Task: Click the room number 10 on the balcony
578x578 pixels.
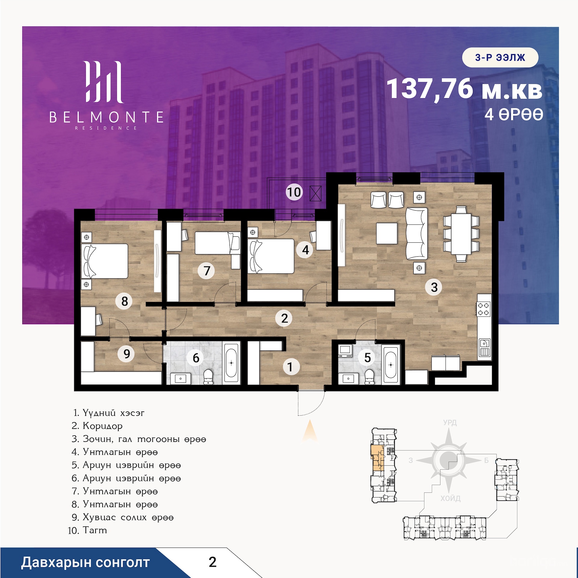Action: [x=294, y=192]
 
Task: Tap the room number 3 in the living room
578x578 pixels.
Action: [x=434, y=287]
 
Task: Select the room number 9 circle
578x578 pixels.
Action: [x=127, y=354]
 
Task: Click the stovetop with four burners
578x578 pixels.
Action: [x=484, y=309]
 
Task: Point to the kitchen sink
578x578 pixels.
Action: [x=484, y=348]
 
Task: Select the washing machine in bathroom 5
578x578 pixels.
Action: [x=345, y=351]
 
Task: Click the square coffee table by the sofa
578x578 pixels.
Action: [x=387, y=233]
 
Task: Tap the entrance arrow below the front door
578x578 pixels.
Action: [x=310, y=431]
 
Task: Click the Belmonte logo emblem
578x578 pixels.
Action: [x=104, y=82]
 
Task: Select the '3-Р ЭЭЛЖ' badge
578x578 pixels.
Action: [x=500, y=57]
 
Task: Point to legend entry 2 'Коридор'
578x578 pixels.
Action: [x=97, y=426]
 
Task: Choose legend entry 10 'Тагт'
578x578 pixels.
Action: [x=87, y=530]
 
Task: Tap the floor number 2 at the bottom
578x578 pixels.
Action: [x=213, y=562]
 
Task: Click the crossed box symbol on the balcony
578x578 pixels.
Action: [x=315, y=193]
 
